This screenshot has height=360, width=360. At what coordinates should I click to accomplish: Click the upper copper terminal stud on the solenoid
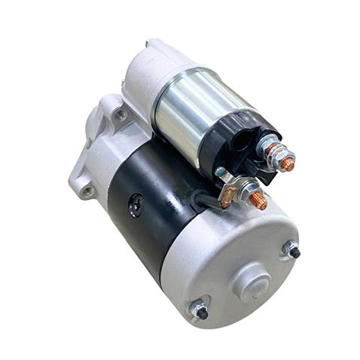[287, 161]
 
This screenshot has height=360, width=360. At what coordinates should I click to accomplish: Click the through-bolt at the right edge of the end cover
[292, 250]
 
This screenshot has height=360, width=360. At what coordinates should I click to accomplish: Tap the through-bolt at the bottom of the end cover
[200, 310]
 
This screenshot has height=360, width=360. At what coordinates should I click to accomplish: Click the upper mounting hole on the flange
[120, 114]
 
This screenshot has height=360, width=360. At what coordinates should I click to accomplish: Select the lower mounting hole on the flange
[87, 191]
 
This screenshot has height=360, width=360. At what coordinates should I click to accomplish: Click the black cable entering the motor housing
[202, 200]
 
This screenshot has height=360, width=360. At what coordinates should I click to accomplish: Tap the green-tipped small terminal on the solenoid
[218, 172]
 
